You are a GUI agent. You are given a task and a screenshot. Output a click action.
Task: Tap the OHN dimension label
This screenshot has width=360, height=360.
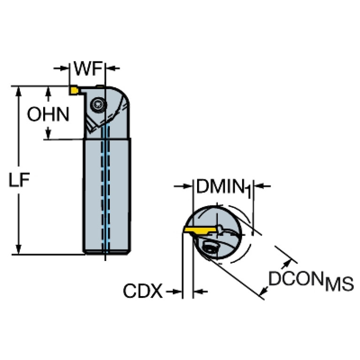[x=47, y=114]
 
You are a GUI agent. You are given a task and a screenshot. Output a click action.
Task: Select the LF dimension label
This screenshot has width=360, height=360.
[x=18, y=179]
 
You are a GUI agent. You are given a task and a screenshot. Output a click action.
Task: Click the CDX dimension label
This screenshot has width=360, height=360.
[x=143, y=292]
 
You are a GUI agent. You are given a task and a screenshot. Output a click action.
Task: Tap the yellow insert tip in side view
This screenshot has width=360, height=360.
[x=74, y=89]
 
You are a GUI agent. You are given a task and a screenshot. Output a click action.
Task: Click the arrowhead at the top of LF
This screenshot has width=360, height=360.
[x=19, y=91]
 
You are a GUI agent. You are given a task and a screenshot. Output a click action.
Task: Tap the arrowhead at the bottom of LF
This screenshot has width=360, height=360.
[x=19, y=250]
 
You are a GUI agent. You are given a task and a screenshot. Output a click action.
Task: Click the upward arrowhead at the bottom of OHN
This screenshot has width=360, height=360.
[x=48, y=134]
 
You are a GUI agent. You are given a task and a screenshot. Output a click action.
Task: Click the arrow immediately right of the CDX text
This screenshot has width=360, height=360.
[x=175, y=292]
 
